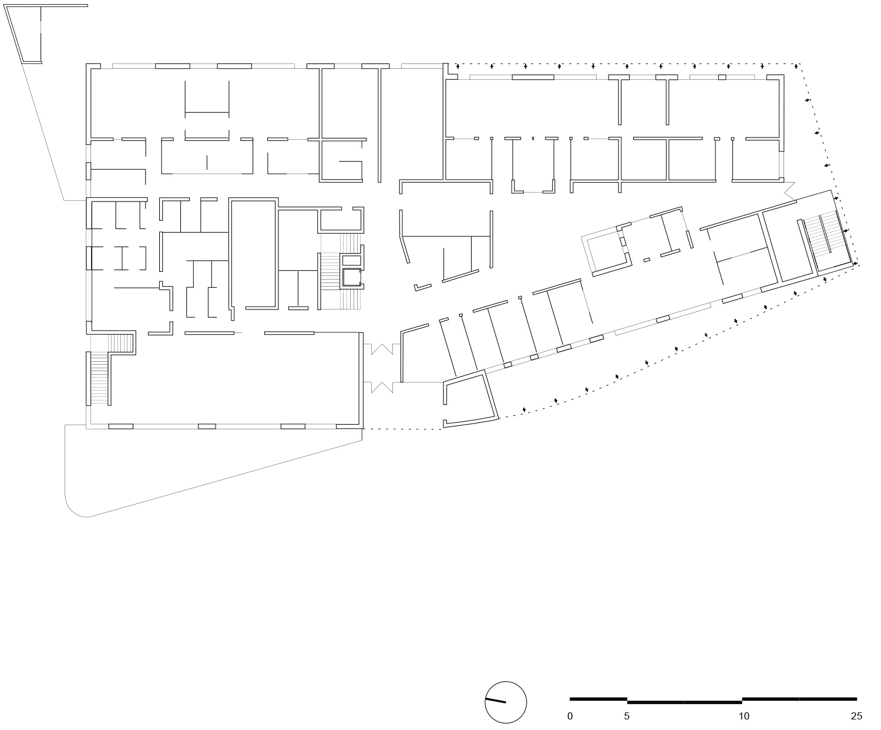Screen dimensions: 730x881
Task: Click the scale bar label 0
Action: tap(570, 716)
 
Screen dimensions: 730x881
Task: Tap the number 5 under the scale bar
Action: tap(627, 716)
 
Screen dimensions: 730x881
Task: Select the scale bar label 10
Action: tap(744, 716)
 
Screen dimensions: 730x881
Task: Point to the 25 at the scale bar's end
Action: tap(856, 716)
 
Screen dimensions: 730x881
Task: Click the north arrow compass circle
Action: tap(506, 702)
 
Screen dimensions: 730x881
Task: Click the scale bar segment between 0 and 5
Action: tap(598, 699)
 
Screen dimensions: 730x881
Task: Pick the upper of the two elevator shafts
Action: tap(351, 260)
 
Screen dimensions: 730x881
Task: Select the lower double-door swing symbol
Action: tap(381, 387)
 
